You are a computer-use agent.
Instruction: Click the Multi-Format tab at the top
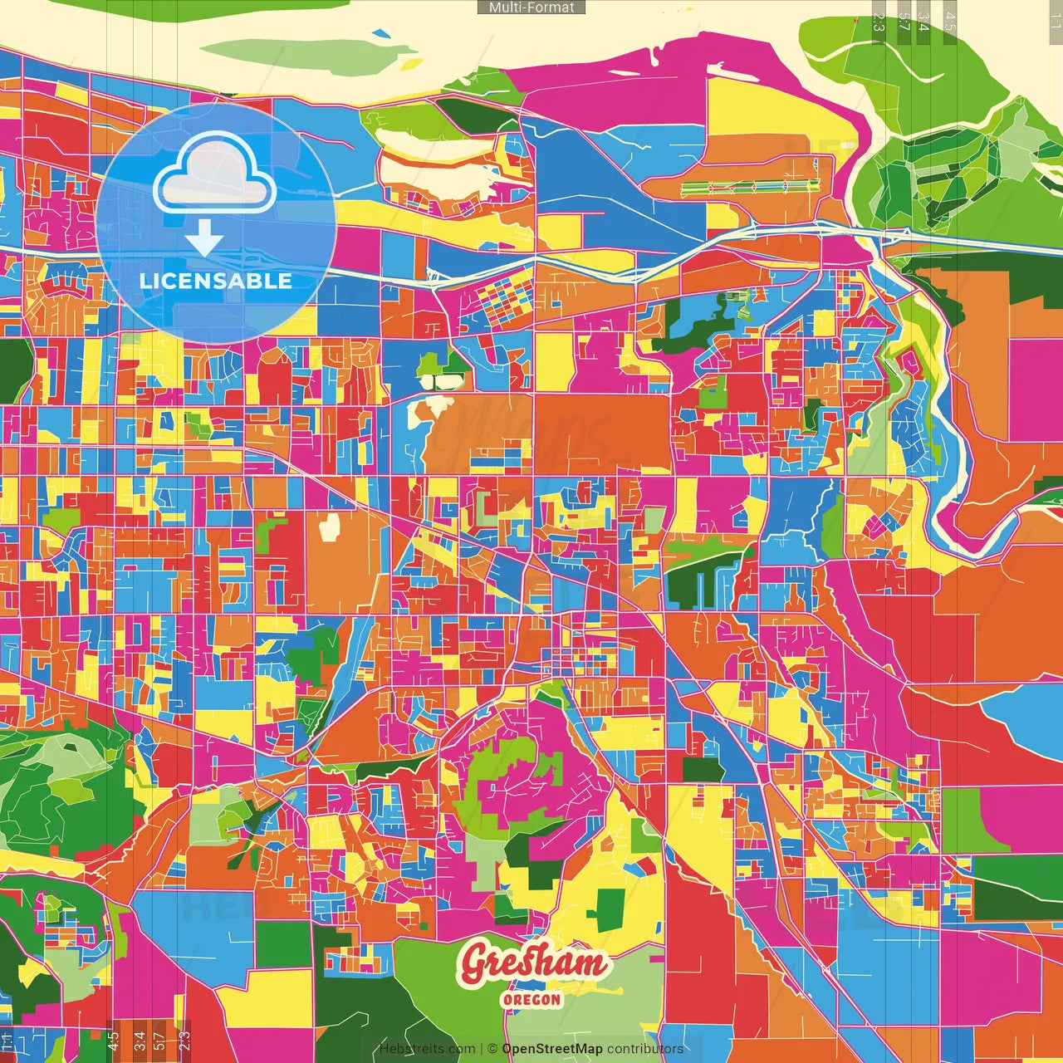point(531,7)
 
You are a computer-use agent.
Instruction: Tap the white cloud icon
point(214,176)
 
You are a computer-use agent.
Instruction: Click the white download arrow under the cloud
point(204,242)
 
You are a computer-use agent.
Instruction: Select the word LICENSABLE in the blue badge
point(216,281)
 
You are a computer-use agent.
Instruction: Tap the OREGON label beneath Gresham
point(531,999)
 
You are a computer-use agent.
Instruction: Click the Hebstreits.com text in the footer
point(427,1049)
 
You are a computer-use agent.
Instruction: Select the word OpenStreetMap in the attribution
point(552,1049)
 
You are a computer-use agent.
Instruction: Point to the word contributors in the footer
point(645,1049)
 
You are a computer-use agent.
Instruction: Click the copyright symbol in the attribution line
point(492,1049)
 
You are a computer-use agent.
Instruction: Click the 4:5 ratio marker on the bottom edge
point(114,1041)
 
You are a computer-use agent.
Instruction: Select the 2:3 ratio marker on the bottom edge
point(184,1041)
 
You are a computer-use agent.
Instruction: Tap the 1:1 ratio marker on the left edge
point(7,1041)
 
